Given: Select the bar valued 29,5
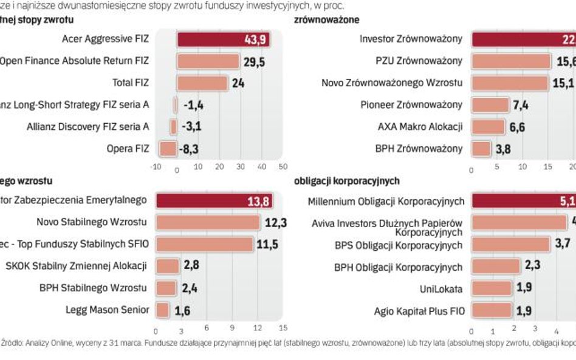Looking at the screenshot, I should [x=208, y=61].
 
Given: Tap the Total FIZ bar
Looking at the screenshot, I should [x=202, y=83].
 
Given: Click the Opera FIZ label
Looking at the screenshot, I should [x=128, y=149].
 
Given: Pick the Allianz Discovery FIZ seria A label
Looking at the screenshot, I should [x=88, y=127].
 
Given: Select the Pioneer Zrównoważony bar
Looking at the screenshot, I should [x=490, y=105].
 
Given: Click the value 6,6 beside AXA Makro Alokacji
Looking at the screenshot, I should [x=518, y=127].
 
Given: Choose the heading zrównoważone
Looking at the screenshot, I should [x=326, y=19].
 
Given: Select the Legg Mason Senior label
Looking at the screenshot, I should [x=107, y=310].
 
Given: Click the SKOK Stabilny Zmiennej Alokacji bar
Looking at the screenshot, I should [x=168, y=266].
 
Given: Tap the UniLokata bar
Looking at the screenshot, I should [x=492, y=288].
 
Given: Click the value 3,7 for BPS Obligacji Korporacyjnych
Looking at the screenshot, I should [x=562, y=244].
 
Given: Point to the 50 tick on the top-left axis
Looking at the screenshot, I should [x=283, y=166].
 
